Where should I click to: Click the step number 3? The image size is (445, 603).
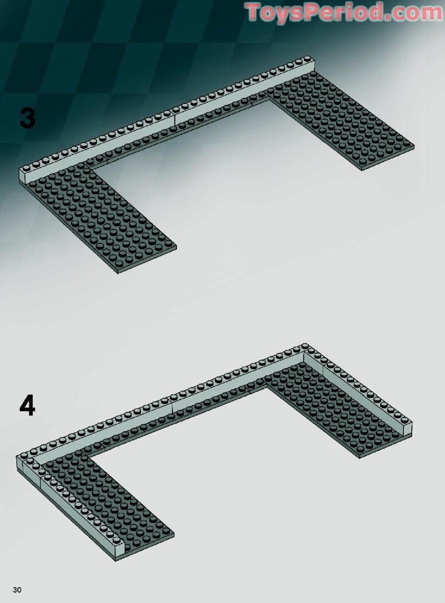tap(28, 118)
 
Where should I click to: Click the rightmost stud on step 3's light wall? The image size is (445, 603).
tap(308, 58)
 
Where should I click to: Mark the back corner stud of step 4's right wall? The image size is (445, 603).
tap(305, 346)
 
